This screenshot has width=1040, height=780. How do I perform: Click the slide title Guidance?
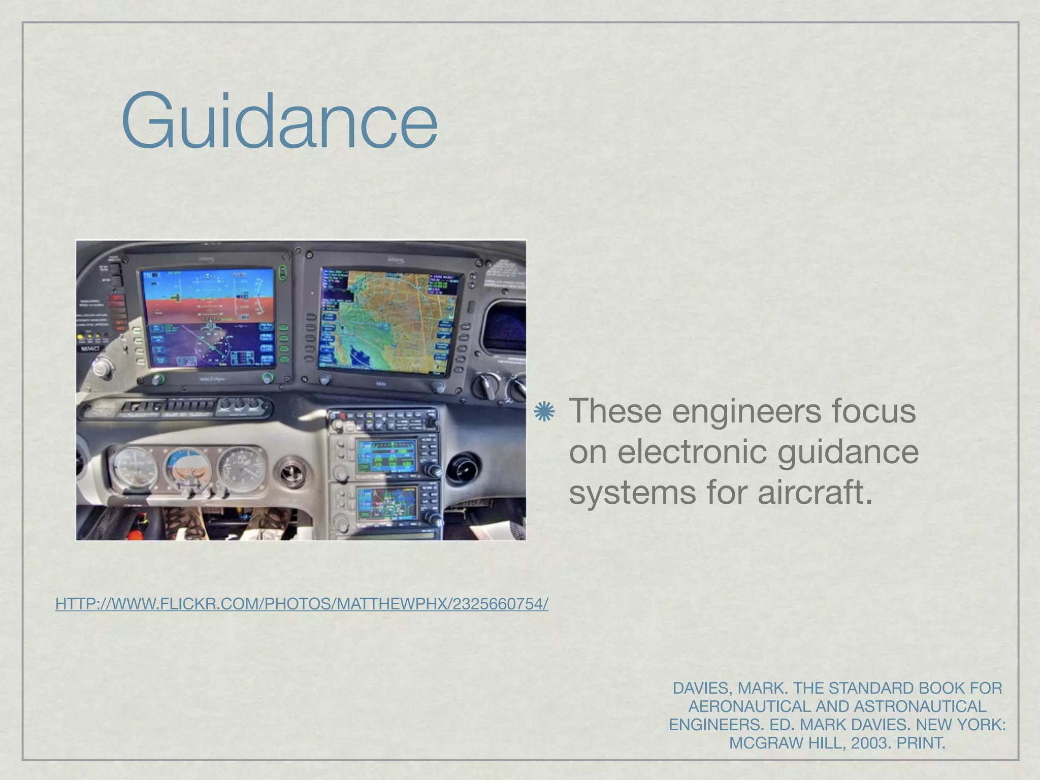[279, 120]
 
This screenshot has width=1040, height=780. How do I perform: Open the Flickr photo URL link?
[302, 604]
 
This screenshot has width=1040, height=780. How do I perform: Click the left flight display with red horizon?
[208, 317]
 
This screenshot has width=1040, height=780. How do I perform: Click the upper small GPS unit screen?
[386, 454]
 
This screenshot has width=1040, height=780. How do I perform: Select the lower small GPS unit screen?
[386, 502]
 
